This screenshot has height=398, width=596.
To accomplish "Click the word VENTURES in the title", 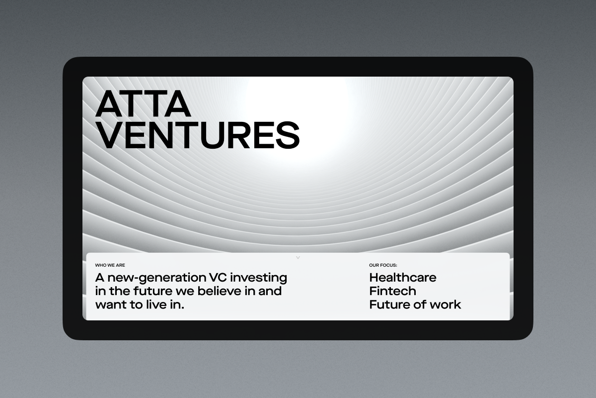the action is coord(198,135).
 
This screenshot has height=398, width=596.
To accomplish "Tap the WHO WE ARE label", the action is coord(110,265).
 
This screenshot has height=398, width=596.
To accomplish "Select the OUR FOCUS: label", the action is coord(383,265).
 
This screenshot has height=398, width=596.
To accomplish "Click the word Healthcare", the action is coord(403,278).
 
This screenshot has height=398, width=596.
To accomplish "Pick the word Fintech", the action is coord(392,291).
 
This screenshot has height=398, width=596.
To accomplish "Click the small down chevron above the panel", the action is coord(298,258).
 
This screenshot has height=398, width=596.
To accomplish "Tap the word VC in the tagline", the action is coord(218,278).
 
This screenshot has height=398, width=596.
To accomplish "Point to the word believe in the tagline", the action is coord(219,291).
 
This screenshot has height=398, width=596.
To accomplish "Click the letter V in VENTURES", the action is coord(109,135).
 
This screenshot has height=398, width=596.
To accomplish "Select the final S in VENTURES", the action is coord(288,135).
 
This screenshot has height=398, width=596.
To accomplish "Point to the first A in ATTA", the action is coord(109,103).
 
